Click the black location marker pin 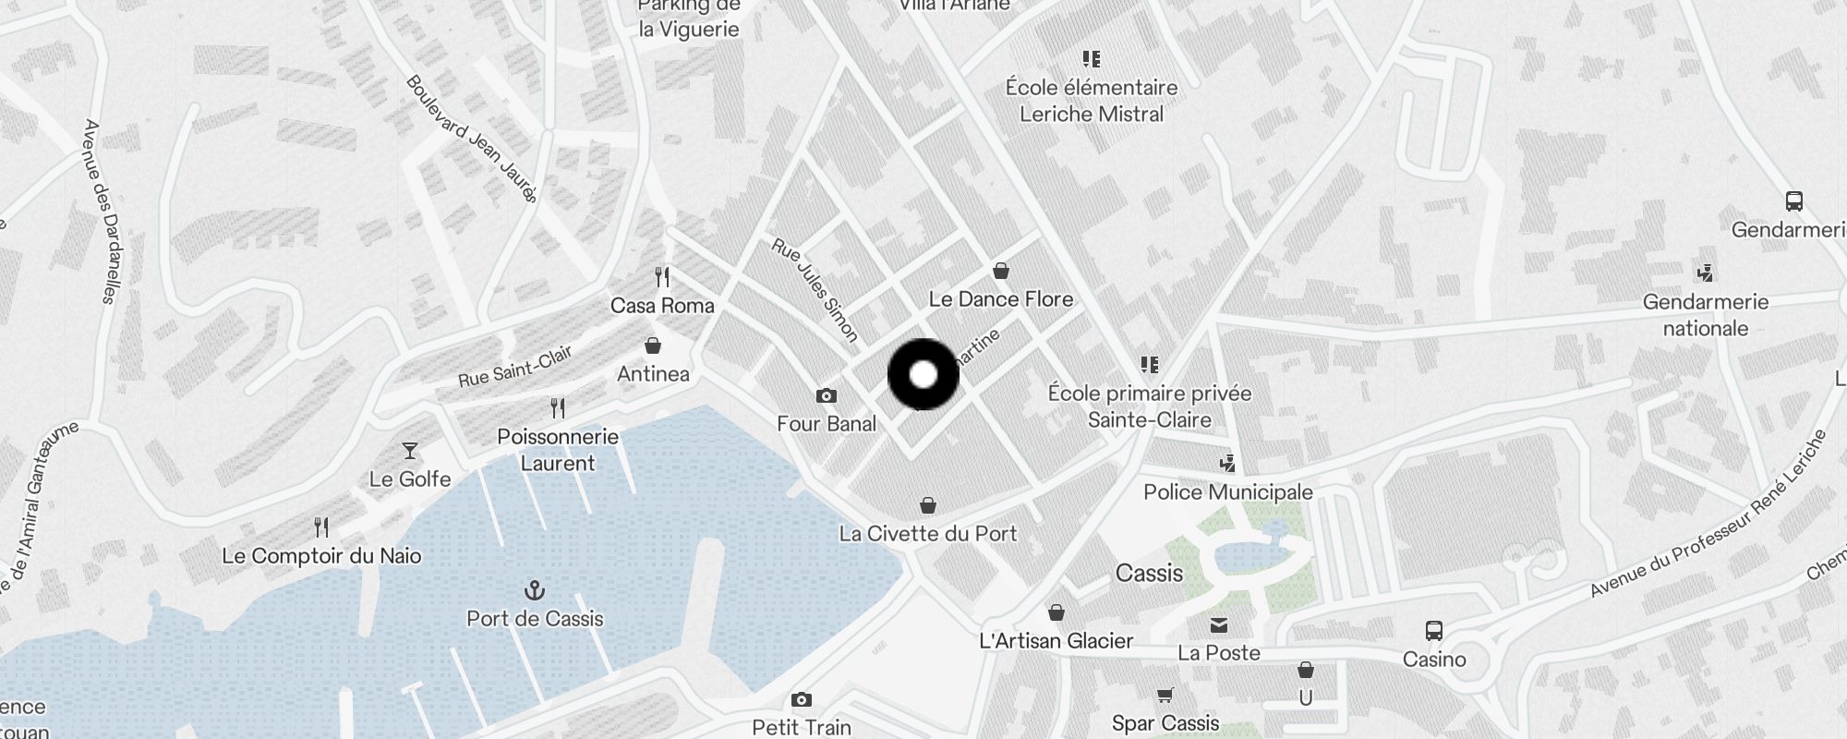click(923, 374)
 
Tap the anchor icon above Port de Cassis click(535, 590)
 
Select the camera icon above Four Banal click(827, 396)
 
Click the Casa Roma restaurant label click(662, 306)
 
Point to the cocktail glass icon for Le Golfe click(410, 451)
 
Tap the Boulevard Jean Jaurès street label click(471, 139)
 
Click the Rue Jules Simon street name click(815, 290)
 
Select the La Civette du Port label click(927, 533)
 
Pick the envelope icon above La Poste click(1219, 625)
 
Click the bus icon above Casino click(1433, 631)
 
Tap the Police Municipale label click(1227, 491)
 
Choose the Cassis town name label click(1149, 574)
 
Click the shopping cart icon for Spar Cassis click(1165, 696)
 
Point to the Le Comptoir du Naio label click(321, 556)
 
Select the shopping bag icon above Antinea click(653, 346)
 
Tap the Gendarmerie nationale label click(1705, 315)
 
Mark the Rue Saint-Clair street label click(515, 367)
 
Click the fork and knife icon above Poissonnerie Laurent click(558, 407)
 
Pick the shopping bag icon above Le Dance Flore click(1000, 272)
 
